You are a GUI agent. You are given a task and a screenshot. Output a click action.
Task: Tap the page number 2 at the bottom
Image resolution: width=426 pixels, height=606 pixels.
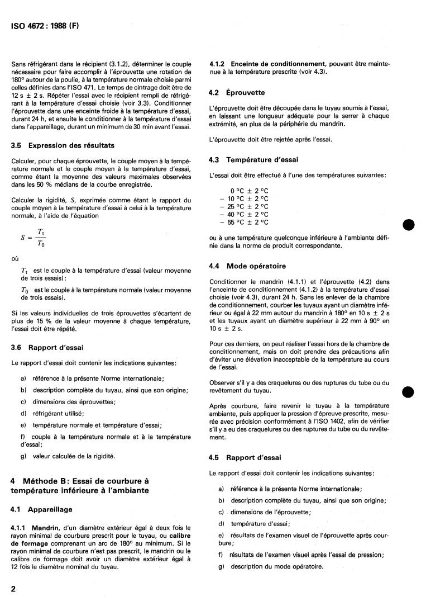(x=13, y=589)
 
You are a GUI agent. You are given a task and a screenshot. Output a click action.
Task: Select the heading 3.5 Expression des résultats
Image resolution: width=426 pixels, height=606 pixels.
(x=63, y=145)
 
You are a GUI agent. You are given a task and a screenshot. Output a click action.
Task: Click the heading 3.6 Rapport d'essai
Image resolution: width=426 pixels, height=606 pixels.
(x=47, y=347)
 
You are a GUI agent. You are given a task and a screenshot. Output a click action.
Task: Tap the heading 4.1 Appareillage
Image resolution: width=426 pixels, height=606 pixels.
(x=42, y=509)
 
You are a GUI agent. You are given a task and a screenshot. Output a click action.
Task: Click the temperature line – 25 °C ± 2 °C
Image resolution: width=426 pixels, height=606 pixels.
(x=244, y=206)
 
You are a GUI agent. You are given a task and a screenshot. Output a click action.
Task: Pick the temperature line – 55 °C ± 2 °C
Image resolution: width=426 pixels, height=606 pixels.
(x=244, y=222)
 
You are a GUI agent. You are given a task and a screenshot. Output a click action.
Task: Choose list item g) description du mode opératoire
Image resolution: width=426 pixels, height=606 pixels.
(x=270, y=566)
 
